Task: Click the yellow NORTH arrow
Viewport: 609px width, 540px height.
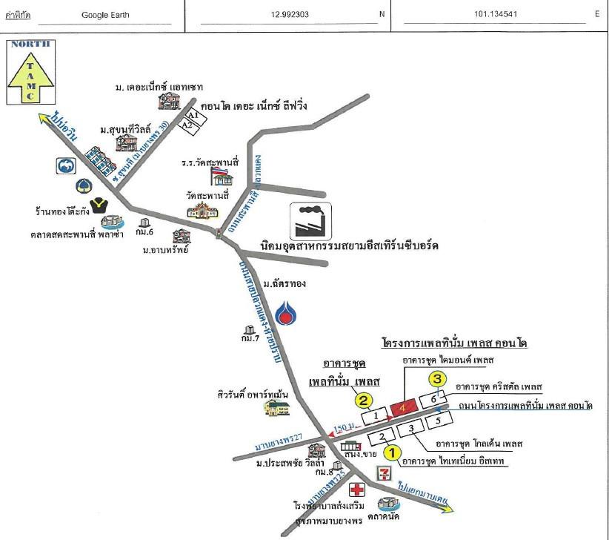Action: [30, 73]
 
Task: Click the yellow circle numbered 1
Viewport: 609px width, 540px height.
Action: [393, 451]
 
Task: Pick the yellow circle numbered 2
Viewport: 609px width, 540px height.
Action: [364, 401]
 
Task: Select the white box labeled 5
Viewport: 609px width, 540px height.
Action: [438, 421]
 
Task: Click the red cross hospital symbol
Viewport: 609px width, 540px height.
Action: [359, 490]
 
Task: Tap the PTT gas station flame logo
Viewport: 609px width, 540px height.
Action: [284, 309]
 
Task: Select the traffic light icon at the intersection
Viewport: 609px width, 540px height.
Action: [219, 234]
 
